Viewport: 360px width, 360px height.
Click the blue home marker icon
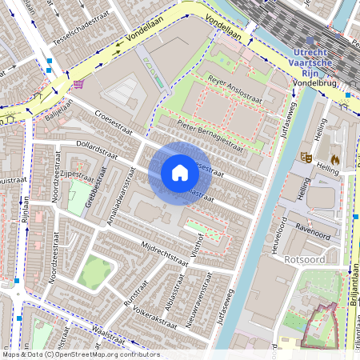[180, 173]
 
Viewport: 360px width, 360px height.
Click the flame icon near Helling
[334, 158]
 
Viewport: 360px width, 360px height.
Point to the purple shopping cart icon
[78, 83]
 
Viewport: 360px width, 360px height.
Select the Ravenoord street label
[311, 226]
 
